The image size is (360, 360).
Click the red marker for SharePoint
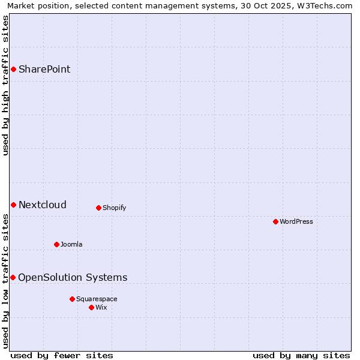coord(13,70)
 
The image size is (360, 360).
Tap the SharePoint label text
coord(44,70)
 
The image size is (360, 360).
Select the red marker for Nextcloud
coord(13,205)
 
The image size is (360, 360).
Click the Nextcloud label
coord(43,205)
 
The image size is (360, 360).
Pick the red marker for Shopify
coord(98,208)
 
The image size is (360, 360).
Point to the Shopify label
coord(114,208)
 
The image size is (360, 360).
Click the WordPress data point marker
coord(275,222)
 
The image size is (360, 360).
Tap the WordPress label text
coord(296,222)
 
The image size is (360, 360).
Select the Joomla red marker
coord(56,245)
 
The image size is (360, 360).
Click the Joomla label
coord(71,245)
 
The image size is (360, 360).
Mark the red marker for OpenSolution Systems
coord(13,278)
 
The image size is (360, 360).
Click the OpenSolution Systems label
coord(73,278)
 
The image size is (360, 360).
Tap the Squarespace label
coord(97,299)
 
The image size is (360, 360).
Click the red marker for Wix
coord(91,308)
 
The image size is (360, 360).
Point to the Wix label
coord(101,308)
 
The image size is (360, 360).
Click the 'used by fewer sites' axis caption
coord(62,355)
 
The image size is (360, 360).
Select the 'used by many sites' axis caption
coord(301,355)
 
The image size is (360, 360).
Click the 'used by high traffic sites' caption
coord(6,85)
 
